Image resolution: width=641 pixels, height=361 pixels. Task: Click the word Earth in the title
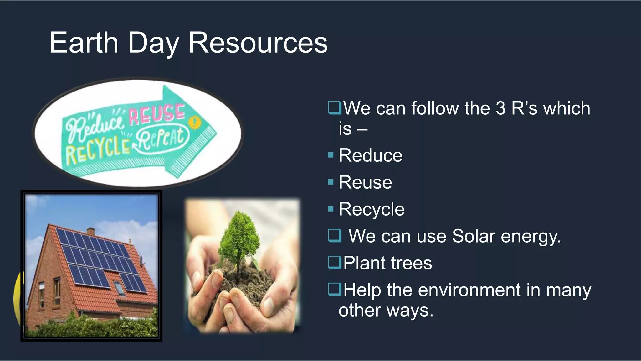84,43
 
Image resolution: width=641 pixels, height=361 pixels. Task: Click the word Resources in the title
258,43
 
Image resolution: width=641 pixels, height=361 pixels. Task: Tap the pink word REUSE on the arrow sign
157,113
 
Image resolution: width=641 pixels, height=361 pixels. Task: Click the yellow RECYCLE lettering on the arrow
97,152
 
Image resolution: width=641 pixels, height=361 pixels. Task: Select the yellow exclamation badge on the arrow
195,123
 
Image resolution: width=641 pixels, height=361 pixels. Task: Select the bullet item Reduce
370,155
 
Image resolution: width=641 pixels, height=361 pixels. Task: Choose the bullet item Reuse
365,182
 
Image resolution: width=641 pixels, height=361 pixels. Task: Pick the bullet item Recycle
372,209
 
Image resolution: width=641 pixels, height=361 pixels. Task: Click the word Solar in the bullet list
473,236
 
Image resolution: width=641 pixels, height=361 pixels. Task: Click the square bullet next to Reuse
331,182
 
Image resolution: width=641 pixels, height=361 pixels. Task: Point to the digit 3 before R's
500,108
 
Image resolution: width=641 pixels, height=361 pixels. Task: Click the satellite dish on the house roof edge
141,260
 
